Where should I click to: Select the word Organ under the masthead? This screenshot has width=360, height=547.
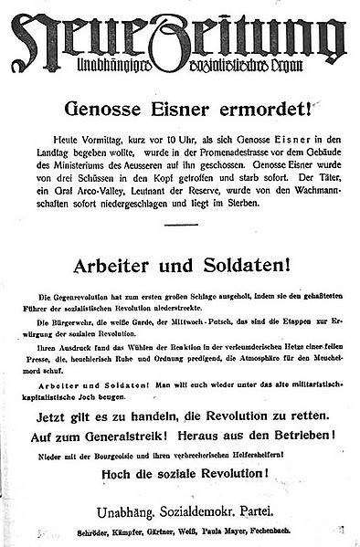click(x=289, y=58)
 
